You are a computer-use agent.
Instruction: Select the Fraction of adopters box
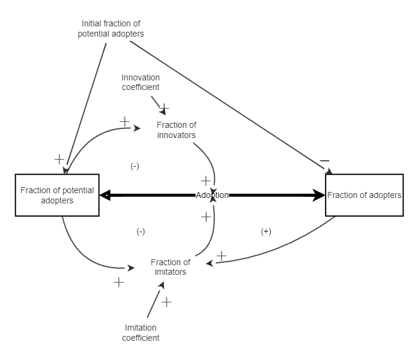[x=365, y=196]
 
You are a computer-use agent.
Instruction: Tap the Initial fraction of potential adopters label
[x=111, y=29]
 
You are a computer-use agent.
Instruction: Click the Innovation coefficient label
[x=141, y=82]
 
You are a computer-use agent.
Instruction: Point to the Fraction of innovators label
[x=177, y=130]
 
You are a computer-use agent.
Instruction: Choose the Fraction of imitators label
[x=171, y=267]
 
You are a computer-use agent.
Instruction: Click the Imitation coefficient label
[x=142, y=332]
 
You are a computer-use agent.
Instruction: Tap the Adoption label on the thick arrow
[x=212, y=195]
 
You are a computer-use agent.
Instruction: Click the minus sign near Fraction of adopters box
[x=324, y=161]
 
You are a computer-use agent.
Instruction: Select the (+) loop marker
[x=266, y=232]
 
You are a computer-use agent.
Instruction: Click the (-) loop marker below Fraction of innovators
[x=135, y=166]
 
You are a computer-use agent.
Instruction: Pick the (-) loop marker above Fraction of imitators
[x=141, y=232]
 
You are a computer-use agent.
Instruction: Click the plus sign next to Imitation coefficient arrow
[x=166, y=302]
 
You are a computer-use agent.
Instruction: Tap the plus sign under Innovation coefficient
[x=164, y=108]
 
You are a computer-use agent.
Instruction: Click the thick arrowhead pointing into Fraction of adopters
[x=318, y=195]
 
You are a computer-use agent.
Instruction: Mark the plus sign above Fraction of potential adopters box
[x=59, y=159]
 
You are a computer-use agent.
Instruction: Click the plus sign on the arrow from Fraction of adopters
[x=221, y=256]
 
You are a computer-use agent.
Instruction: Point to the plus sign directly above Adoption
[x=205, y=181]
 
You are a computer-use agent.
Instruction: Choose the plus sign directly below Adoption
[x=206, y=217]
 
